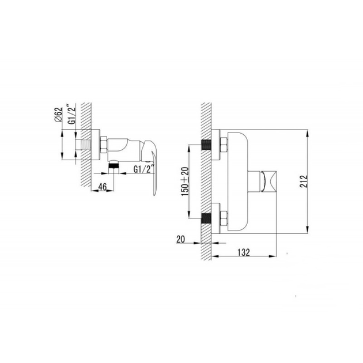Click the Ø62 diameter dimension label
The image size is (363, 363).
click(x=59, y=115)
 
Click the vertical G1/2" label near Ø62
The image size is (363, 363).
click(x=73, y=114)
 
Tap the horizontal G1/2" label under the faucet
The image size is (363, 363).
click(x=143, y=169)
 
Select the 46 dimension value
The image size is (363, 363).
click(x=102, y=187)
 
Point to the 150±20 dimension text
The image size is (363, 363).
click(x=185, y=181)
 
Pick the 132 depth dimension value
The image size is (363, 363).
click(x=244, y=252)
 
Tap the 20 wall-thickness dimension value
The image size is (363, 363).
click(x=180, y=239)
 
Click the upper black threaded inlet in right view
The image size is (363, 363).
click(x=206, y=145)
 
